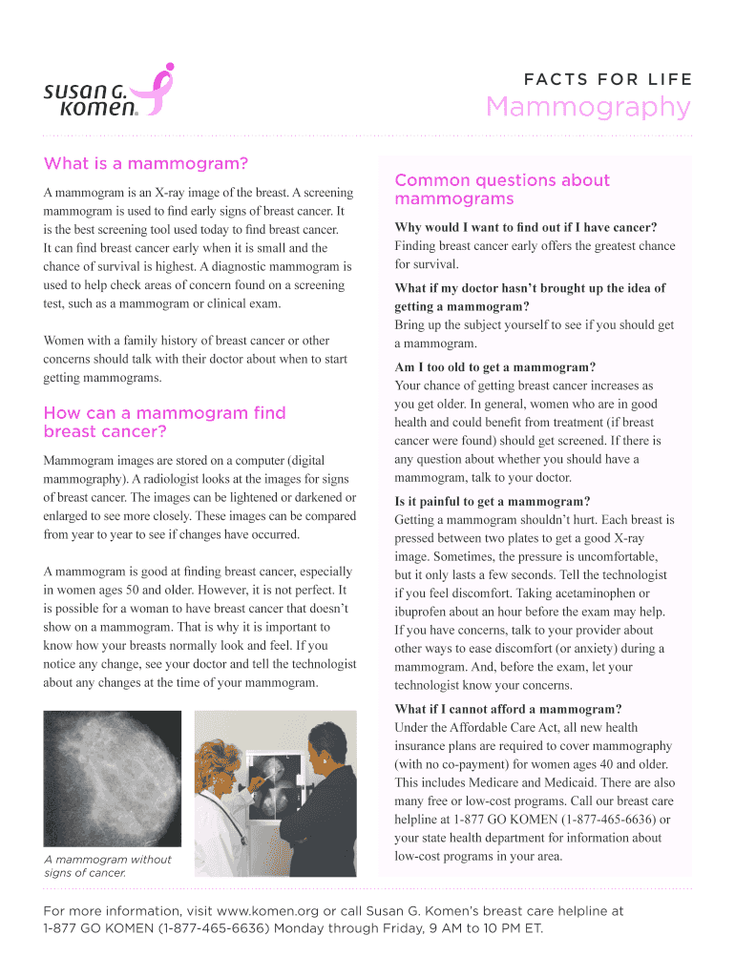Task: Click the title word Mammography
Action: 588,108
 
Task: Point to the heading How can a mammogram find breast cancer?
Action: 164,422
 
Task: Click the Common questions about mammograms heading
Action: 501,189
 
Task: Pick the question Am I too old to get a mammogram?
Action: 494,367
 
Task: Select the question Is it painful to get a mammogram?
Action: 492,501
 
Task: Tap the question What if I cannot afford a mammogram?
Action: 508,709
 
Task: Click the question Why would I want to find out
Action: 525,227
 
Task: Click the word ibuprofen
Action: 426,611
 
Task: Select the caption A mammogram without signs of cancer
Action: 107,865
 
